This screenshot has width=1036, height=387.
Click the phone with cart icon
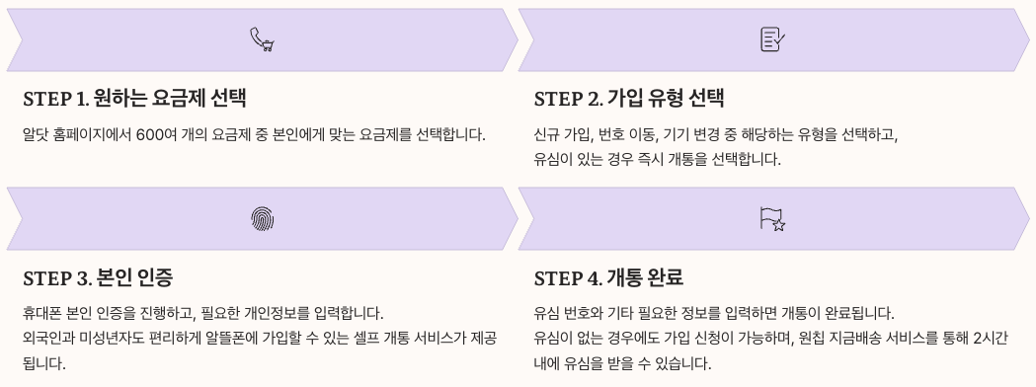coord(261,39)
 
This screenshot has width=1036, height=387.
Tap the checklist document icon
coord(772,39)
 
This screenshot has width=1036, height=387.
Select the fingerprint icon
coord(261,218)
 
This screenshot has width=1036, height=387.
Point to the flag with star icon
coord(772,218)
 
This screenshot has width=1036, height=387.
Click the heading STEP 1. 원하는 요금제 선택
coord(134,99)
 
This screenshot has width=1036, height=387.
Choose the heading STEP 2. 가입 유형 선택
coord(629,99)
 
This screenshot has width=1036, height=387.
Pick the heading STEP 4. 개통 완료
coord(608,276)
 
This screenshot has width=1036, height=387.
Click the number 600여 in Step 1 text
coord(157,133)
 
